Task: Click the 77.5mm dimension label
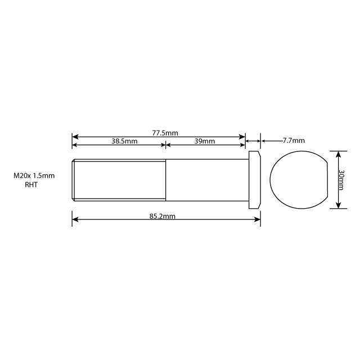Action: click(x=165, y=133)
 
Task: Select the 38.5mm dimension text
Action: click(x=124, y=141)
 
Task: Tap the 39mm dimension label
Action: click(x=205, y=141)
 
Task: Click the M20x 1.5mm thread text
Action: click(x=34, y=175)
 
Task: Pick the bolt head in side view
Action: click(x=255, y=179)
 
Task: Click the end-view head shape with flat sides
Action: click(x=298, y=179)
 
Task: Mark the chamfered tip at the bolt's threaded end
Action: click(x=74, y=179)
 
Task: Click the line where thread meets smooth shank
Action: click(x=165, y=179)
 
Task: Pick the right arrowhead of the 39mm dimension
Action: click(x=242, y=145)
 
